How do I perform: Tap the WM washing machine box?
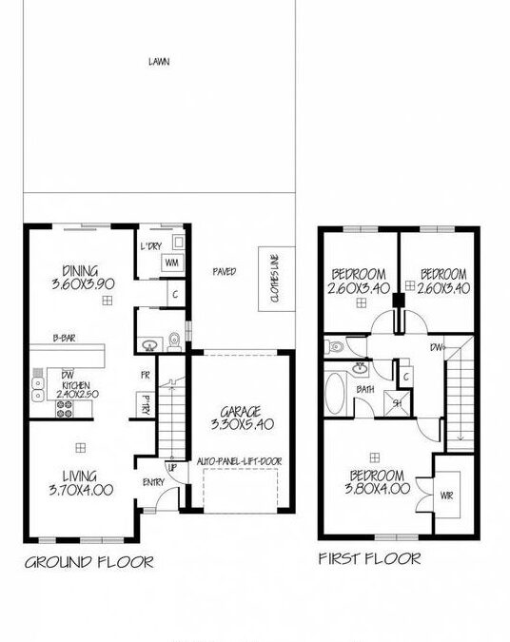click(x=173, y=263)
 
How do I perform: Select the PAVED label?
click(x=224, y=272)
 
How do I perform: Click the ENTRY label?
click(x=154, y=482)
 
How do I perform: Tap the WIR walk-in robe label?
click(x=446, y=495)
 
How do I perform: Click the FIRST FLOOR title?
click(x=370, y=559)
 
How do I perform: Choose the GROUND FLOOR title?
click(x=88, y=561)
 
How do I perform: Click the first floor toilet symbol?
click(x=332, y=349)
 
